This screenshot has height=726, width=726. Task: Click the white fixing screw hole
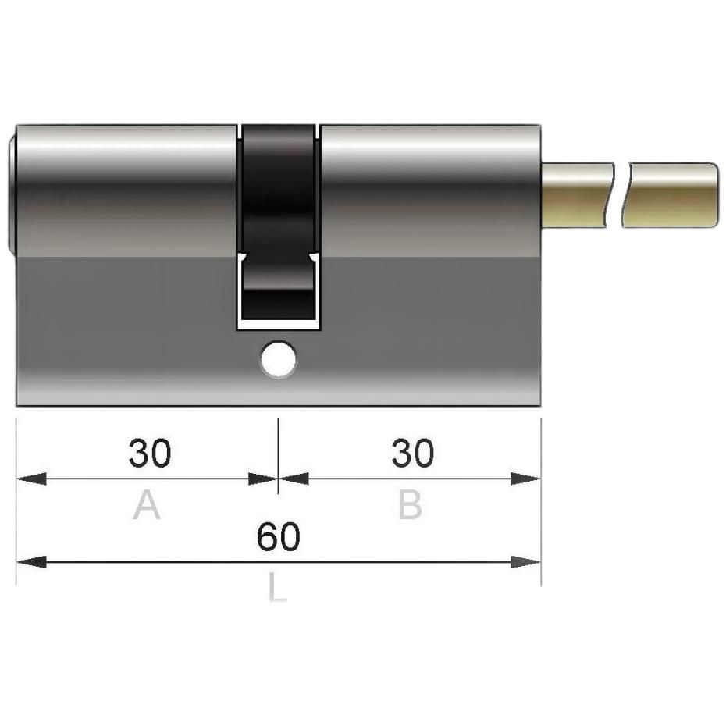tap(278, 360)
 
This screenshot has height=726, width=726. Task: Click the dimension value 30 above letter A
tap(150, 453)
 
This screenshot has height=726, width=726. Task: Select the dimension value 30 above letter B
tap(413, 453)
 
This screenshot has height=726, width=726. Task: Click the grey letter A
tap(146, 504)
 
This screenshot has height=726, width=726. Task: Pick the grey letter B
tap(410, 504)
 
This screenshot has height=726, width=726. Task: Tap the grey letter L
tap(278, 587)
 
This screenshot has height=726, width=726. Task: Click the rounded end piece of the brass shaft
tap(670, 195)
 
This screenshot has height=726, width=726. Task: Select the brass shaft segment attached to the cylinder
tap(576, 195)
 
